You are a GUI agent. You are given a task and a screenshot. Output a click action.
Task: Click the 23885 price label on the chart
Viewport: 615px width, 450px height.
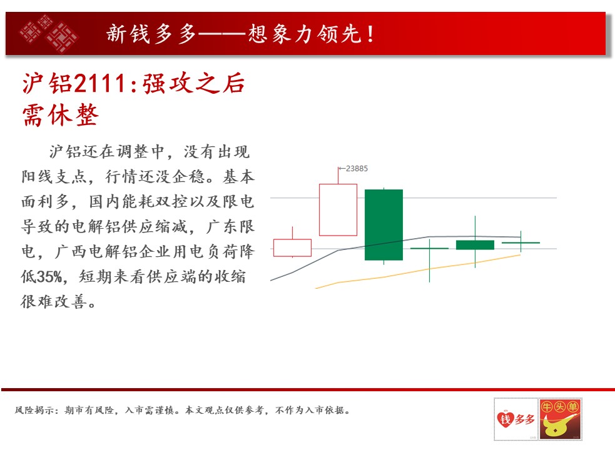(357, 169)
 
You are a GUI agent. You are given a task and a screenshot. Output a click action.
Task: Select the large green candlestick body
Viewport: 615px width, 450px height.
(384, 224)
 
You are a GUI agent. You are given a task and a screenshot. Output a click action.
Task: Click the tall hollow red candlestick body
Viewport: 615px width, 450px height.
(338, 210)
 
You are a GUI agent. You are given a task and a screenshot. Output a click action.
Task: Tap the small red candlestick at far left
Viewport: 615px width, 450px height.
(292, 247)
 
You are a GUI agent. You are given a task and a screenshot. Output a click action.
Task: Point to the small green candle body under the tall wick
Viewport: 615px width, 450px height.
(475, 245)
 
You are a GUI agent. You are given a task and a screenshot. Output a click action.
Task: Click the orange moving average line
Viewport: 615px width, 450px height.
(418, 271)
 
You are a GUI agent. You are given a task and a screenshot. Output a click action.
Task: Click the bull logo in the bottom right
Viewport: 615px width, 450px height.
(560, 419)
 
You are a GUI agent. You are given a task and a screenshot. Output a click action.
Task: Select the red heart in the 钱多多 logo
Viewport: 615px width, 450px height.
(505, 419)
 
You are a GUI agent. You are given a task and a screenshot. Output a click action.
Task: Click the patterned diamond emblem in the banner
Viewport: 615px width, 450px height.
(49, 34)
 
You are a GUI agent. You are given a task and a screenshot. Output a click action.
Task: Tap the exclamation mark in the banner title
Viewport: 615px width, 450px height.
(370, 34)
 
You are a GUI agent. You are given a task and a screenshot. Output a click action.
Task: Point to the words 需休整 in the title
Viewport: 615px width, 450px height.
(61, 115)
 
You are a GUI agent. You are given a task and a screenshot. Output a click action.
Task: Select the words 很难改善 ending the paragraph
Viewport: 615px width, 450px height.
(54, 301)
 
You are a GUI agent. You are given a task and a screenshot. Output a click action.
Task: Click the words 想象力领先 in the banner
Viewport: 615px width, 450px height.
(305, 34)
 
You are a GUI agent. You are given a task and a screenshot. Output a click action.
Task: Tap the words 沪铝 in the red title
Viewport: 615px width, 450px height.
(47, 84)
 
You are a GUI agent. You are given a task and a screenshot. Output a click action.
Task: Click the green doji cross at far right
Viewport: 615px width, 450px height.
(521, 242)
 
